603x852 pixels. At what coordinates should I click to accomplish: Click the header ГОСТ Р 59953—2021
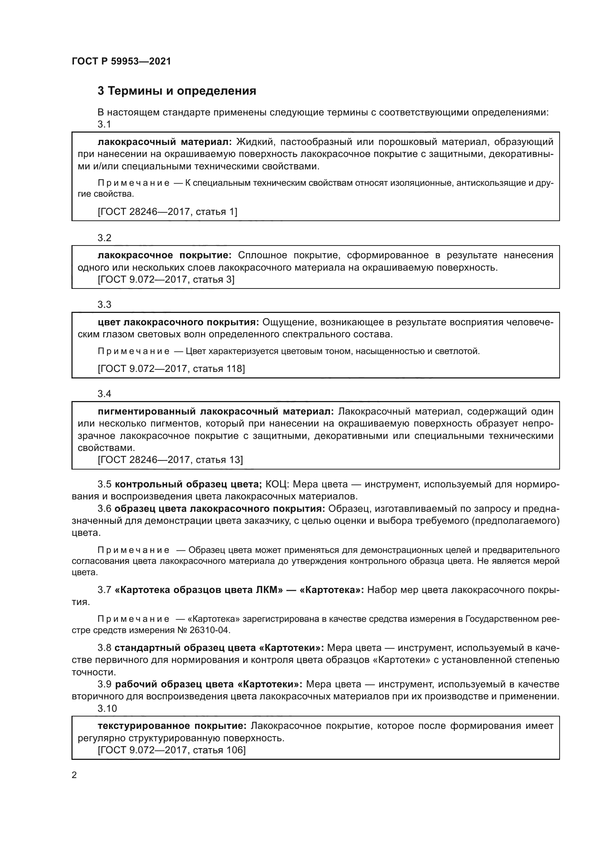121,61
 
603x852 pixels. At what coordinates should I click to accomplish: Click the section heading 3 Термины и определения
177,91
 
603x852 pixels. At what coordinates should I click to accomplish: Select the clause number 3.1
104,124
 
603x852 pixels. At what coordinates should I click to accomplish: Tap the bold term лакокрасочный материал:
165,142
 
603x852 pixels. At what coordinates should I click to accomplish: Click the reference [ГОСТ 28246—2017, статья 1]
167,212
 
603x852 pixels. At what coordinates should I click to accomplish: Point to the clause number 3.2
104,238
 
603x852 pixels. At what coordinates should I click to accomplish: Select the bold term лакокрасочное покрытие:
165,255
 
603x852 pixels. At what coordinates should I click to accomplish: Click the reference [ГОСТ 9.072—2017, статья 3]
166,279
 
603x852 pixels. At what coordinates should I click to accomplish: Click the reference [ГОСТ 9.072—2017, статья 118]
171,369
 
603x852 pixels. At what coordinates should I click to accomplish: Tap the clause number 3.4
104,394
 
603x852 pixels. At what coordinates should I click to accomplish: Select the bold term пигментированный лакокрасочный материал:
216,411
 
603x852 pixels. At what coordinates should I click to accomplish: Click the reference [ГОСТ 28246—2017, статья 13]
170,460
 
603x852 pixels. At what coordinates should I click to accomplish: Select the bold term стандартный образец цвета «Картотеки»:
219,648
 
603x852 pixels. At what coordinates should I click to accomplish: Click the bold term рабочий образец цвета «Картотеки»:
209,684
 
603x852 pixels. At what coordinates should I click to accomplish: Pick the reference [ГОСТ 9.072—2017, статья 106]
172,750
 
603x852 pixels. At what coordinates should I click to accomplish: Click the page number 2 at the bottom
74,775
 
